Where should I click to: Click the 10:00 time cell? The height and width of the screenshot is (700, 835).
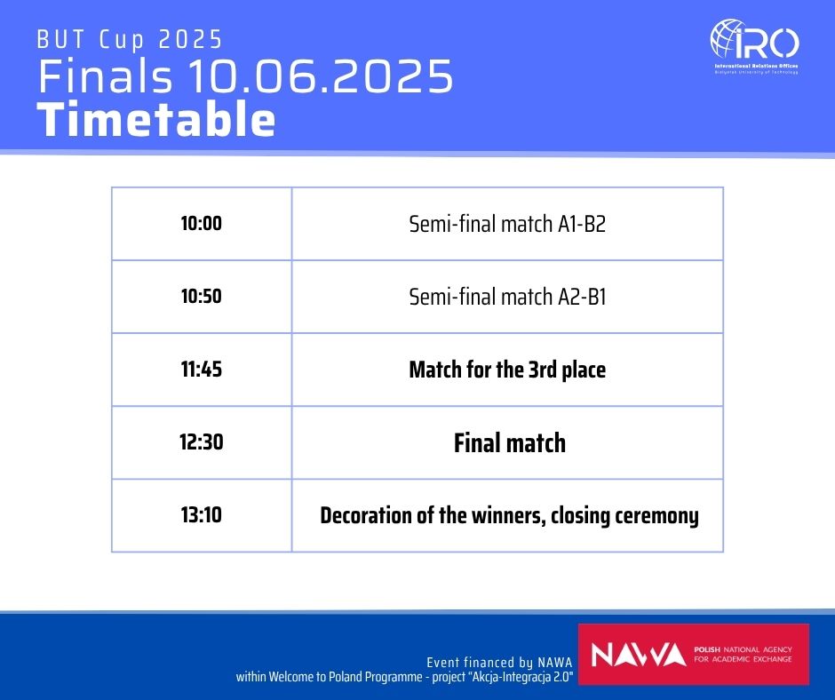click(202, 223)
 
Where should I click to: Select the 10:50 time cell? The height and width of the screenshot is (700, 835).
click(202, 296)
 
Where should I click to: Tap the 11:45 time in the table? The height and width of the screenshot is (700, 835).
click(202, 370)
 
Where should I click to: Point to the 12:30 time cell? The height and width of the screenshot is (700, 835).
click(202, 442)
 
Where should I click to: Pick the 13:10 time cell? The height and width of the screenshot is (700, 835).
click(202, 515)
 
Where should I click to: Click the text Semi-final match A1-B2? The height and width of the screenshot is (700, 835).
click(507, 224)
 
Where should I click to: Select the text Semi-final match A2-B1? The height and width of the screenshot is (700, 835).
click(507, 297)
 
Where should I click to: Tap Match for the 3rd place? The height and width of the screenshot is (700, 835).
click(507, 370)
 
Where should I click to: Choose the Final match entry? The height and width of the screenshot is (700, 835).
click(510, 442)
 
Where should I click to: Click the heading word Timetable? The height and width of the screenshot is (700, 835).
click(156, 119)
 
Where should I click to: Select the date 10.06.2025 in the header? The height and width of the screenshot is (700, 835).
click(320, 76)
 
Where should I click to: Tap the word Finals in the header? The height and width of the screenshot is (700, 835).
click(106, 76)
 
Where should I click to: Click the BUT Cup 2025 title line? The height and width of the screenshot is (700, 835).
click(130, 40)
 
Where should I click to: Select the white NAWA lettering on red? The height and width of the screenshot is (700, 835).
click(639, 655)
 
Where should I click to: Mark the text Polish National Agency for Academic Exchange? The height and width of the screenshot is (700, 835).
click(743, 654)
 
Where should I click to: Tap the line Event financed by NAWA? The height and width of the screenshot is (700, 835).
click(499, 662)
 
